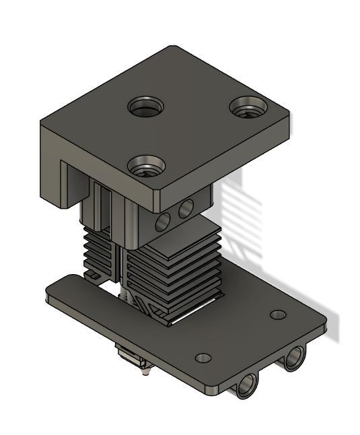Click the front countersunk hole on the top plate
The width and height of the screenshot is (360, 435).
pyautogui.click(x=146, y=164)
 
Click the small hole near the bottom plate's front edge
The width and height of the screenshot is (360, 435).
pyautogui.click(x=203, y=358)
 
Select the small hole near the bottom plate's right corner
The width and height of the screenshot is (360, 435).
pyautogui.click(x=277, y=314)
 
